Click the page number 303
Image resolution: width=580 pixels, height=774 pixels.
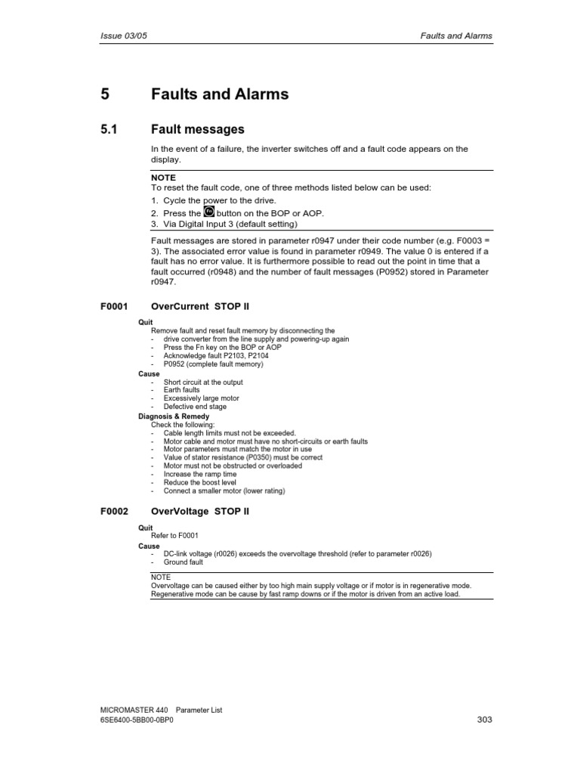click(485, 720)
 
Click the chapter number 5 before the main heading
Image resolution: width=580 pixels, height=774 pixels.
click(105, 94)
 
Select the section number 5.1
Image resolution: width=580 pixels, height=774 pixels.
click(110, 130)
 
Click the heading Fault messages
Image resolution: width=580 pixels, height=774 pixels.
click(197, 130)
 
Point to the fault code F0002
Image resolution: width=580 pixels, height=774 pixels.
click(114, 512)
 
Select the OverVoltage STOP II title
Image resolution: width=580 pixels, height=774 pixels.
click(199, 512)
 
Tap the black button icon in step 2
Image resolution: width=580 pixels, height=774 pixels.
click(211, 212)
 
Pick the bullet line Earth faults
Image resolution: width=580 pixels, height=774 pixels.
click(182, 390)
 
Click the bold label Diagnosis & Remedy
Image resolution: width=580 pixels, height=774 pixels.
click(174, 416)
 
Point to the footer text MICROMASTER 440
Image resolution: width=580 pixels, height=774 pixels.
click(134, 711)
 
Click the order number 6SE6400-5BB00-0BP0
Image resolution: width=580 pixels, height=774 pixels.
click(141, 720)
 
